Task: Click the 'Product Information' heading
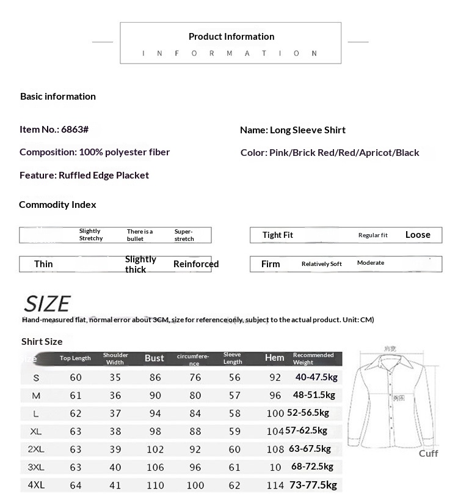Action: (x=231, y=37)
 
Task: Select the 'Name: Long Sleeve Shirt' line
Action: (x=293, y=130)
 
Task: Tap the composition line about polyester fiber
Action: (x=95, y=152)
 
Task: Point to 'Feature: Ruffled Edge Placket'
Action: (x=84, y=175)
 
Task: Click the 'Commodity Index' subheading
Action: (x=57, y=204)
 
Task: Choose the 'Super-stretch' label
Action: (x=184, y=235)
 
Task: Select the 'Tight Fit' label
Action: (x=278, y=235)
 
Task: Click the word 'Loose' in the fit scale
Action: (x=418, y=235)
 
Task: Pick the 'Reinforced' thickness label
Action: (x=196, y=264)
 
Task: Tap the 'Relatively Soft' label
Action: (x=322, y=264)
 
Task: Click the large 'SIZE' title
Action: (x=47, y=304)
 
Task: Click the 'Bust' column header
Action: (x=154, y=358)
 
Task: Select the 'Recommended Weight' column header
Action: (x=313, y=358)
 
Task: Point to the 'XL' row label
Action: (x=36, y=431)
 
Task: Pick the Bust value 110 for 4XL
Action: (x=155, y=485)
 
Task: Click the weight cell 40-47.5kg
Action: (x=316, y=377)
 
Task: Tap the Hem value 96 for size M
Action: (x=275, y=396)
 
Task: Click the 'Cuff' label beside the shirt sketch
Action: (x=428, y=453)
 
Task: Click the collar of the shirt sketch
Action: (x=390, y=361)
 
